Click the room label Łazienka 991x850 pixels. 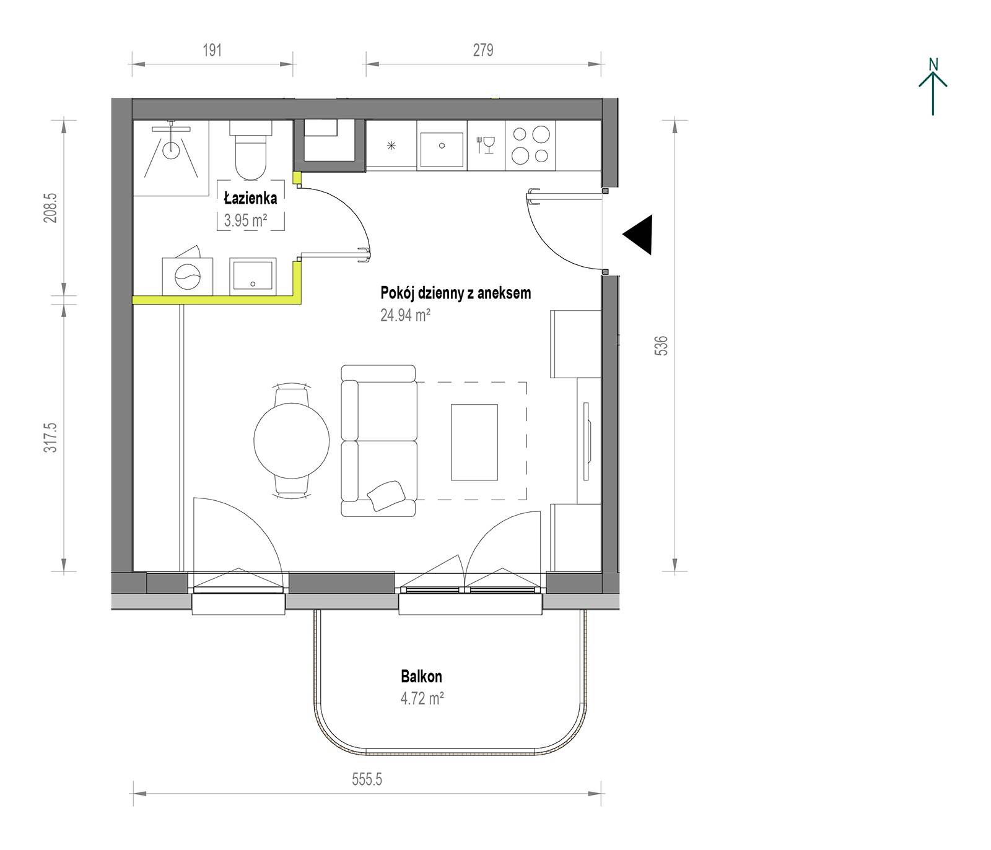[250, 199]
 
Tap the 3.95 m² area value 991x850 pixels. [245, 220]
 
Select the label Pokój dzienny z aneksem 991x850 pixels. [456, 293]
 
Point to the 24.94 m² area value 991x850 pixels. [405, 315]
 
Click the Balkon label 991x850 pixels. [422, 677]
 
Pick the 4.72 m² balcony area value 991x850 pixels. [422, 699]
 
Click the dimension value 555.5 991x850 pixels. [367, 779]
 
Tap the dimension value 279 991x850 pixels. [483, 50]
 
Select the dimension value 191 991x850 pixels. [212, 50]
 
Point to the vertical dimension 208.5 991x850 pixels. [50, 207]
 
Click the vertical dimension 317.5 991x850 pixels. [50, 437]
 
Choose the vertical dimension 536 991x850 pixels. [661, 345]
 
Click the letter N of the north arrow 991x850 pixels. [933, 64]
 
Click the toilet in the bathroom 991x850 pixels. [251, 149]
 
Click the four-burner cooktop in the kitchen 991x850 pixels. [530, 145]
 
